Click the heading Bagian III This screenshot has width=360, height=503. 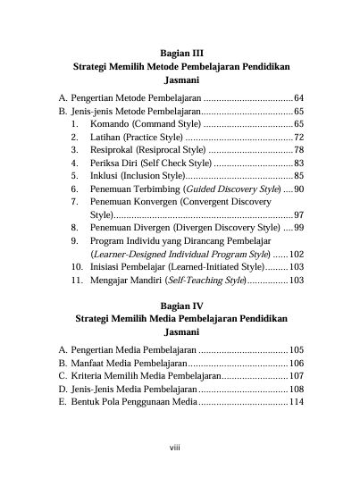pos(180,54)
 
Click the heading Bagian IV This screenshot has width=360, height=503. pos(180,306)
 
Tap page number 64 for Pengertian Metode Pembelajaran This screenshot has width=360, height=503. pos(298,96)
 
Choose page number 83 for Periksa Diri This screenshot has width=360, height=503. pos(298,163)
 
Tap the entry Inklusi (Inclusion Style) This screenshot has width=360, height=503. pos(133,176)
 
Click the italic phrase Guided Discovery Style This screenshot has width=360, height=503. pos(231,189)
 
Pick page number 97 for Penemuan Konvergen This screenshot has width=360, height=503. pos(298,215)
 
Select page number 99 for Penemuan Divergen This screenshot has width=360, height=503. pos(298,229)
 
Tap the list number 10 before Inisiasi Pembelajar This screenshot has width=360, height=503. pos(77,267)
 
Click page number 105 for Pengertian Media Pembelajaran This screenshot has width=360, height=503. pos(297,350)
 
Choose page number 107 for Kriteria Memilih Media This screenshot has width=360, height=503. pos(297,376)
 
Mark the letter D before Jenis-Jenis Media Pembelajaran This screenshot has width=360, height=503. pos(63,390)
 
